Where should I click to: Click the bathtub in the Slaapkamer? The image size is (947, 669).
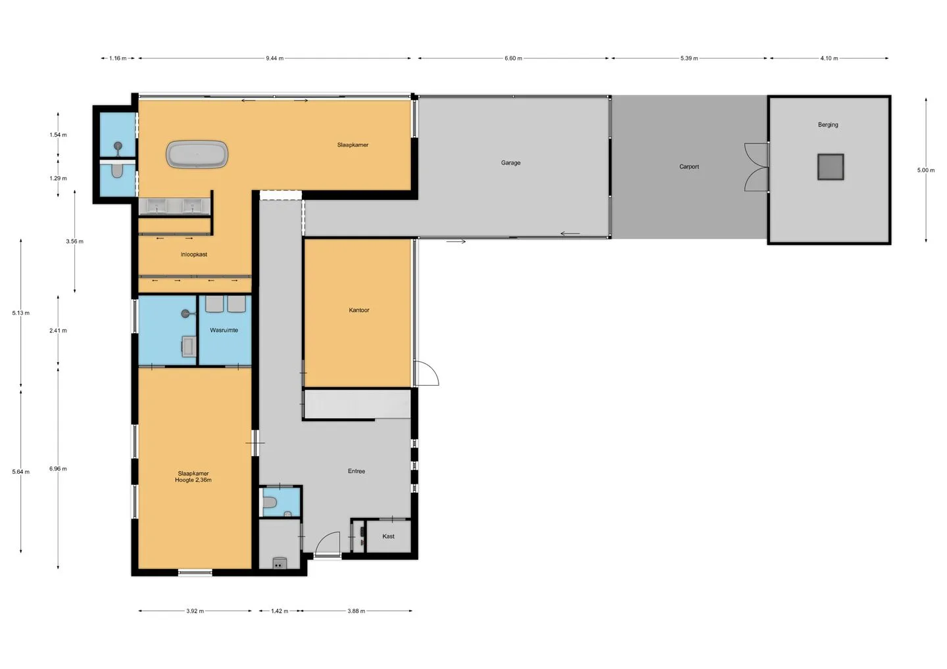[197, 154]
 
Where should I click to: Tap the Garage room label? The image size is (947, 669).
[511, 162]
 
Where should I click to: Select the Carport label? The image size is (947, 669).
[689, 167]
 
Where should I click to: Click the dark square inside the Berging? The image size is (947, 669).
[831, 167]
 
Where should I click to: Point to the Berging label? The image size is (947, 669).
[828, 125]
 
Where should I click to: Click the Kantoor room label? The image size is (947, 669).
[359, 310]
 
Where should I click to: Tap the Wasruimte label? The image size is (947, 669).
[224, 330]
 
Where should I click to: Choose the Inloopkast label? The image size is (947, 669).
[193, 254]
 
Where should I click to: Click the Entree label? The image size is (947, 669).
[356, 471]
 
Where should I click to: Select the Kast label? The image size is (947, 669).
[388, 536]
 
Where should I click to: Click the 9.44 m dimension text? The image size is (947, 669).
[275, 58]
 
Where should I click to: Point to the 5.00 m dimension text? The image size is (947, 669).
[926, 170]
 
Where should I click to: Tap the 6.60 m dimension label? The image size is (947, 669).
[513, 58]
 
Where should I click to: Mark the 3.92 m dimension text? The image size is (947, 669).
[195, 611]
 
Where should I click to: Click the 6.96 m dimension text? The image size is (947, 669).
[58, 469]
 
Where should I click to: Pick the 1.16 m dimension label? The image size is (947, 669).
[118, 58]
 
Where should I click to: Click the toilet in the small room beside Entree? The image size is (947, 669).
[270, 502]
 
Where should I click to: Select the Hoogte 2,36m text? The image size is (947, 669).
[193, 480]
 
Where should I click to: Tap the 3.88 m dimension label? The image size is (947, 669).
[356, 611]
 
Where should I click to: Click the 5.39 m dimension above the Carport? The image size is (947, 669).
[689, 58]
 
